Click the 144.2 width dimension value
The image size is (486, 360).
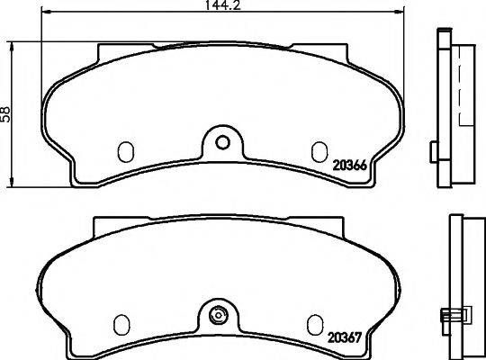pos(223,4)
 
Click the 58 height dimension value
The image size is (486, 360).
pos(5,114)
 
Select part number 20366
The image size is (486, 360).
pos(349,166)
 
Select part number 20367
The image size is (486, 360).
pos(345,337)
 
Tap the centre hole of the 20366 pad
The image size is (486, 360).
pos(222,142)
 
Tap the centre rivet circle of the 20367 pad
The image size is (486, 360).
pos(219,315)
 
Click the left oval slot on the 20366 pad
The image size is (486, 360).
pos(125,151)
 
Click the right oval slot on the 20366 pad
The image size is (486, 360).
pos(319,151)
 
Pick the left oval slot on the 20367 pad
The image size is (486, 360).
pos(121,325)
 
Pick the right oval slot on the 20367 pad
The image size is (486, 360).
pos(315,325)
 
